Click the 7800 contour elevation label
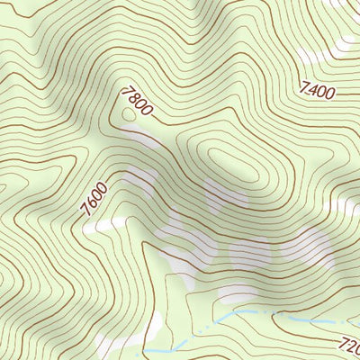click(134, 101)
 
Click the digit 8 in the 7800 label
click(131, 97)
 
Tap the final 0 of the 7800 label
click(145, 111)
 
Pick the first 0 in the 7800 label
click(138, 104)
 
